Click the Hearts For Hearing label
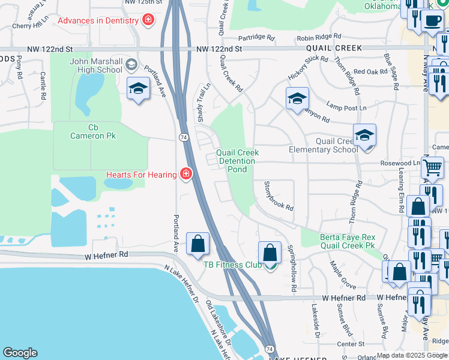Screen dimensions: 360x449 pyautogui.click(x=142, y=175)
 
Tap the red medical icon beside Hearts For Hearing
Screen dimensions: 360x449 pyautogui.click(x=186, y=174)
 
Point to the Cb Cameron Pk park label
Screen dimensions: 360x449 pyautogui.click(x=93, y=131)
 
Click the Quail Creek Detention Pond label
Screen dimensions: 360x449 pyautogui.click(x=238, y=161)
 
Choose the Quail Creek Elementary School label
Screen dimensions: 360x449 pyautogui.click(x=324, y=145)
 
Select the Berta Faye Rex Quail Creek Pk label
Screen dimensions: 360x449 pyautogui.click(x=348, y=241)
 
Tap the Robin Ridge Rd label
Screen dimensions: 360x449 pyautogui.click(x=319, y=37)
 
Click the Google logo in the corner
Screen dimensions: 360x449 pyautogui.click(x=20, y=353)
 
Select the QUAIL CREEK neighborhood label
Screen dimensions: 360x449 pyautogui.click(x=334, y=48)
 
